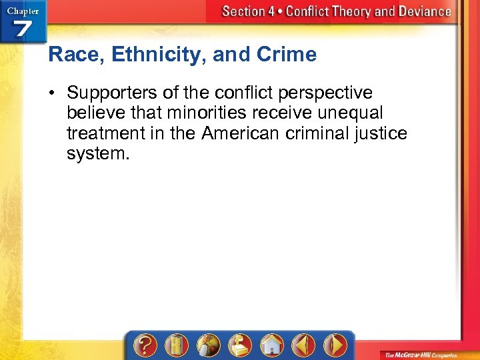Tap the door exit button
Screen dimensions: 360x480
coord(176,345)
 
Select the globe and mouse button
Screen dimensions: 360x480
coord(207,345)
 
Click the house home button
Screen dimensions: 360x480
coord(271,345)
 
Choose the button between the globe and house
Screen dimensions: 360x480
coord(239,345)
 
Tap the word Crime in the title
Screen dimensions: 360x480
coord(288,55)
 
